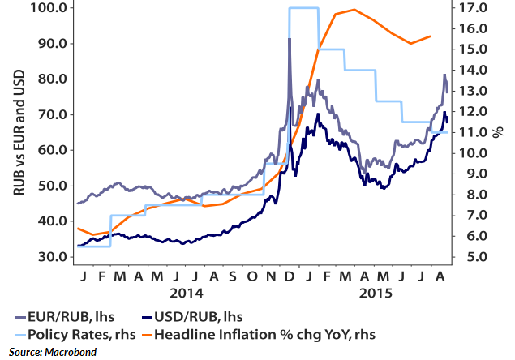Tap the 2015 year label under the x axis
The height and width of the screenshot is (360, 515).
(375, 291)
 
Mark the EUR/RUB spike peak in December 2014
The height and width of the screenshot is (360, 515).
(290, 39)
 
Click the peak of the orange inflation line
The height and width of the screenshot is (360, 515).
(355, 10)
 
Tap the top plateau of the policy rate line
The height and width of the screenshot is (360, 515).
(303, 8)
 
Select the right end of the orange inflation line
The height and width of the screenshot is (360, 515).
(430, 36)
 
